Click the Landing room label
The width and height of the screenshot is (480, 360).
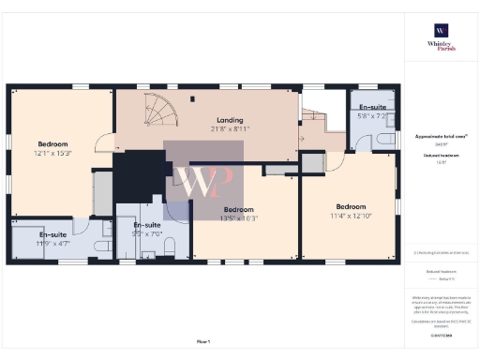pyautogui.click(x=230, y=120)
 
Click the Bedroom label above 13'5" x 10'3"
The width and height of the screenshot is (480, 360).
pyautogui.click(x=238, y=209)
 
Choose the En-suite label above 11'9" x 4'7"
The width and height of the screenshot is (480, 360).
pyautogui.click(x=39, y=233)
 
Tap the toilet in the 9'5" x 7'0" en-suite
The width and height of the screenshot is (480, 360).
pyautogui.click(x=171, y=246)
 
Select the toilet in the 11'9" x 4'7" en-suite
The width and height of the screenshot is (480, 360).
pyautogui.click(x=107, y=230)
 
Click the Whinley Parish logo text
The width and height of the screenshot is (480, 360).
pyautogui.click(x=441, y=46)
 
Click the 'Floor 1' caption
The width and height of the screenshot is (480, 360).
pyautogui.click(x=203, y=341)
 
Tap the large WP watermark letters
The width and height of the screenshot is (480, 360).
pyautogui.click(x=208, y=183)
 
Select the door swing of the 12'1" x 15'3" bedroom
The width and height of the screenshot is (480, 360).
pyautogui.click(x=105, y=145)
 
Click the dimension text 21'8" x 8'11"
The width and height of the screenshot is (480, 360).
pyautogui.click(x=231, y=128)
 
